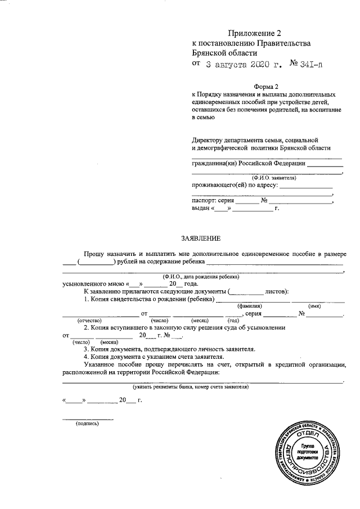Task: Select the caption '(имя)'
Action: coord(316,305)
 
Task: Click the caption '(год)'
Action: coord(233,320)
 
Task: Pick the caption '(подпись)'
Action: coord(87,424)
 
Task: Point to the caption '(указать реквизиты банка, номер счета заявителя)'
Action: coord(191,388)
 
